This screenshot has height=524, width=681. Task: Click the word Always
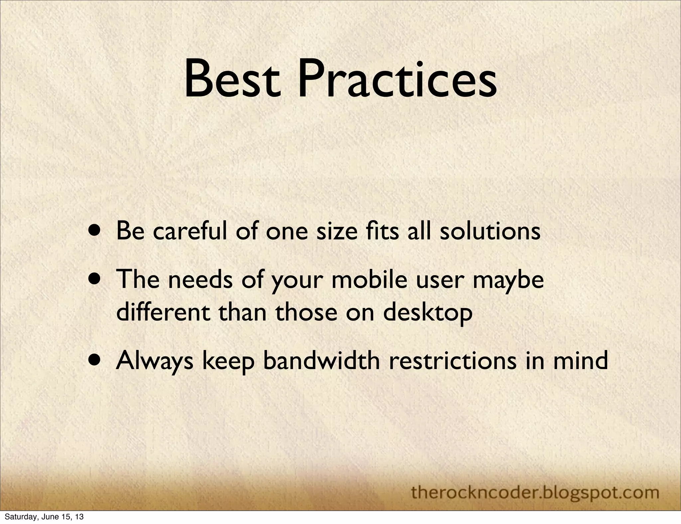[x=155, y=361]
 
